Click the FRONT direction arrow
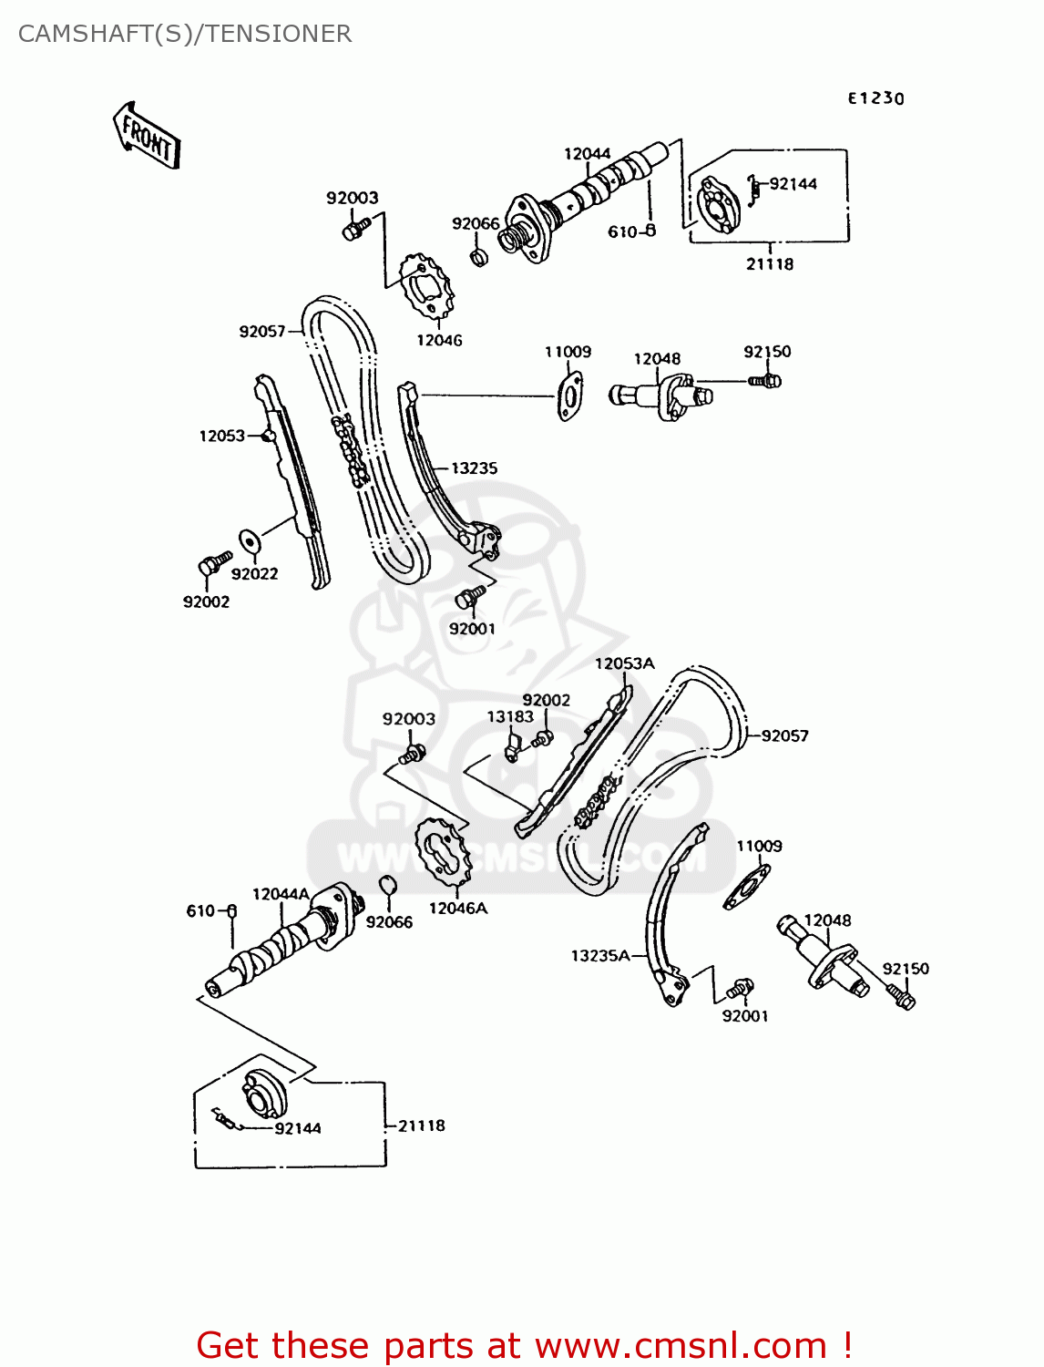tap(147, 136)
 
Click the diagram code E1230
tap(875, 98)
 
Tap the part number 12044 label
tap(587, 154)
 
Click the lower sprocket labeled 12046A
tap(444, 853)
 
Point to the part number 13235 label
tap(474, 468)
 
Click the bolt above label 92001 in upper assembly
tap(470, 597)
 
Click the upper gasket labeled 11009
tap(570, 395)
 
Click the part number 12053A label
tap(624, 663)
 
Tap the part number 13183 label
tap(509, 717)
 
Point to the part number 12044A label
tap(281, 894)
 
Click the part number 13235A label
tap(600, 955)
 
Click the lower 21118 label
tap(421, 1125)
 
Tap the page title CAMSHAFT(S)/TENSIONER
tap(185, 34)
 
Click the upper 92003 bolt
tap(355, 228)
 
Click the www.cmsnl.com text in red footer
tap(680, 1345)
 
